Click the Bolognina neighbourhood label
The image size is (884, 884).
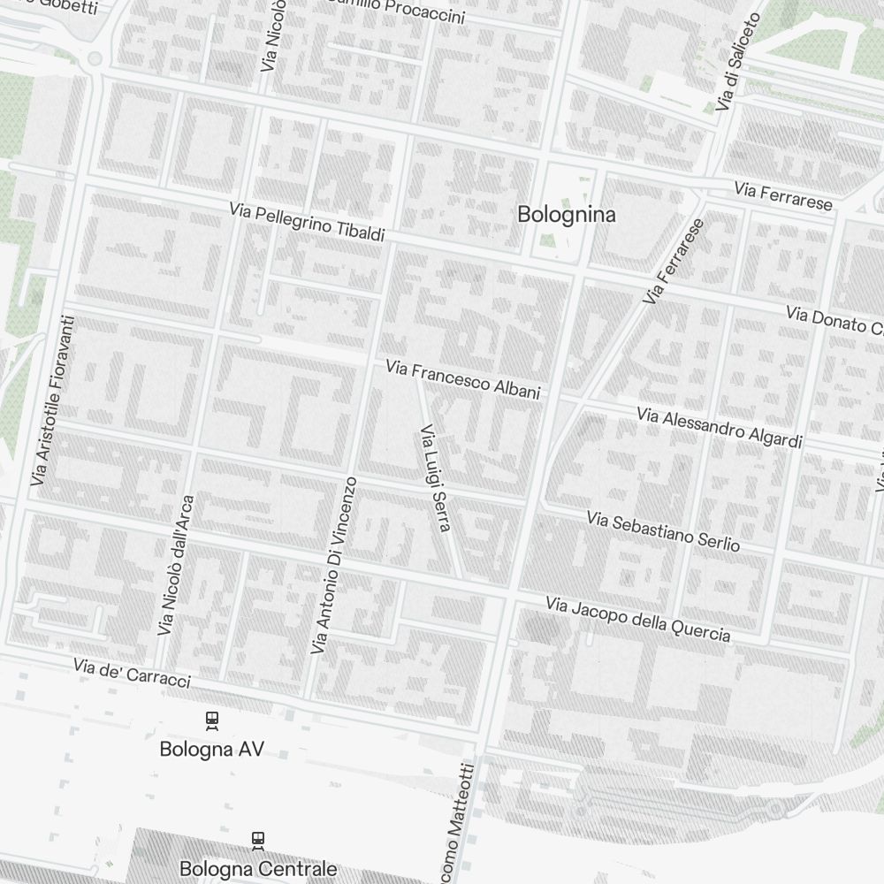point(567,214)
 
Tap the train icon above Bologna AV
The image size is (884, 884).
point(212,720)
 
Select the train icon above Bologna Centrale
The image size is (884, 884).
point(258,839)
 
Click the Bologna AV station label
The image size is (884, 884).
point(212,750)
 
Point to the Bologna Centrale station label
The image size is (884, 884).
point(258,869)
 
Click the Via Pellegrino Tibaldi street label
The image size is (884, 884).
point(307,222)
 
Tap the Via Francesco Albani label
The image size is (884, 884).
point(462,379)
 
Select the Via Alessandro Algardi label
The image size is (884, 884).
point(720,427)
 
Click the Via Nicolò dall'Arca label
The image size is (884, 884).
point(176,565)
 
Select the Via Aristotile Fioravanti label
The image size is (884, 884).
point(55,400)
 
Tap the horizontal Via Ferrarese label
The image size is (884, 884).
point(783,196)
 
